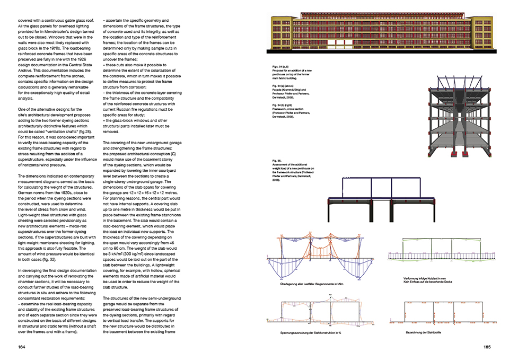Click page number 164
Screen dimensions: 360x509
21,347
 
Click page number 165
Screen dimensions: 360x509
487,347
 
